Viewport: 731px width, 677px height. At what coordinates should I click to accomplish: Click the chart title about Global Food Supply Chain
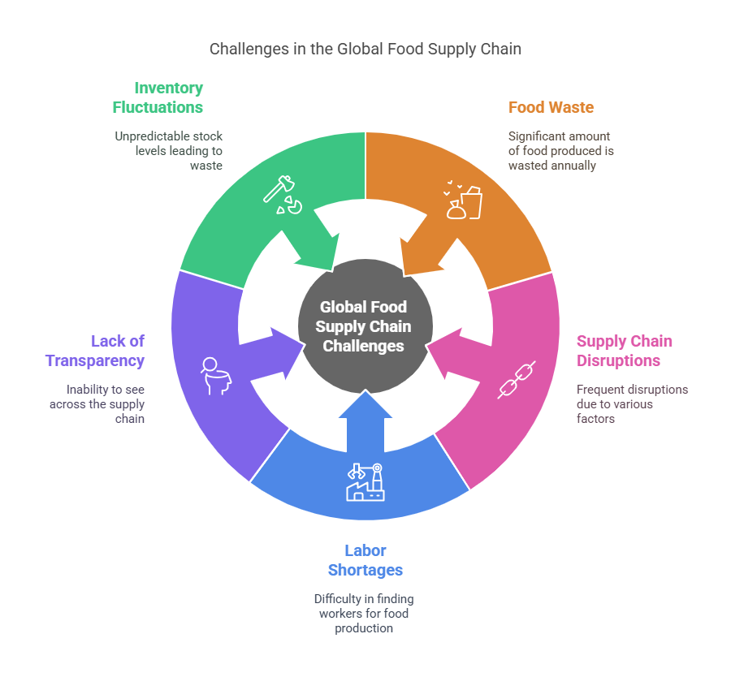365,49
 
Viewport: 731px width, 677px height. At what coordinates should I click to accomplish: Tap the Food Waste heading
551,107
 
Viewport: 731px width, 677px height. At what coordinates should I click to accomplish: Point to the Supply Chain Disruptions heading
624,351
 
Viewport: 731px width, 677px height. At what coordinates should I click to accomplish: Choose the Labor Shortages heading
365,560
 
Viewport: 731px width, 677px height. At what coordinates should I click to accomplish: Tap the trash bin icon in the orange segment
463,201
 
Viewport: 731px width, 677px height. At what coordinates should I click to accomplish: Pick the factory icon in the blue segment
365,481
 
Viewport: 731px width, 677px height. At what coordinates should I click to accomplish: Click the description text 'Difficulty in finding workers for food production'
365,614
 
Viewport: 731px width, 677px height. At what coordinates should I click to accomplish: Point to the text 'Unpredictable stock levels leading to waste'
168,151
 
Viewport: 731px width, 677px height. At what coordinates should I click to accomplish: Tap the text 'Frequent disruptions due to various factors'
632,403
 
